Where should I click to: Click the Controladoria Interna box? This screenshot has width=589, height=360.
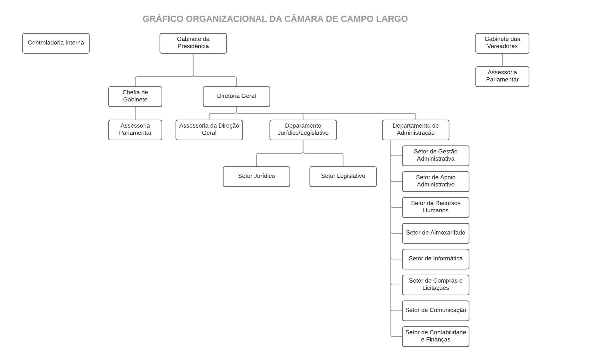click(x=56, y=43)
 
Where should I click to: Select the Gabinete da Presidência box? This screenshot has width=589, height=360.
click(x=193, y=43)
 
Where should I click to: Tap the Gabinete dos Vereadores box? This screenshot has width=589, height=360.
click(x=502, y=43)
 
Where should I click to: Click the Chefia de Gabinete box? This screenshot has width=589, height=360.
click(x=135, y=96)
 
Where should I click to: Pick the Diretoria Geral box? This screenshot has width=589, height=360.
click(x=237, y=96)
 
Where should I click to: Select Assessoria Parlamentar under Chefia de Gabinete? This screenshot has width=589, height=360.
click(x=135, y=130)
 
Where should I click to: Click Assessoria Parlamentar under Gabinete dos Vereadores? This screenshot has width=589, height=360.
click(x=502, y=76)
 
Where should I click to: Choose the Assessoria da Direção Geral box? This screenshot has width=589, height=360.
click(x=209, y=130)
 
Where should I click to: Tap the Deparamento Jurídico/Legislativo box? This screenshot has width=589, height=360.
click(x=303, y=130)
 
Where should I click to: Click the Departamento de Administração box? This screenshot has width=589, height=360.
click(x=415, y=130)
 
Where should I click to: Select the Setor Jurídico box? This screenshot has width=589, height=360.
click(x=257, y=176)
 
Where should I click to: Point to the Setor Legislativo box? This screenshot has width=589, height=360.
click(x=343, y=176)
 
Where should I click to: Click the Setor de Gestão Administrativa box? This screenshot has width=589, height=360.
click(x=435, y=155)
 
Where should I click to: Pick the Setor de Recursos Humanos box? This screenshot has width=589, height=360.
click(x=435, y=207)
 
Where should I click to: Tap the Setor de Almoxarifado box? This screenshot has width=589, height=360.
click(x=435, y=233)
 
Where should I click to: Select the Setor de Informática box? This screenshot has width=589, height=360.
click(x=435, y=259)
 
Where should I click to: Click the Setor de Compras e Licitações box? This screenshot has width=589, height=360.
click(x=435, y=285)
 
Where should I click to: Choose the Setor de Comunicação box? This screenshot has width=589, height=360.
click(x=435, y=310)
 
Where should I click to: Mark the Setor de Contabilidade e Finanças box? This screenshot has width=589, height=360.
click(x=435, y=336)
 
